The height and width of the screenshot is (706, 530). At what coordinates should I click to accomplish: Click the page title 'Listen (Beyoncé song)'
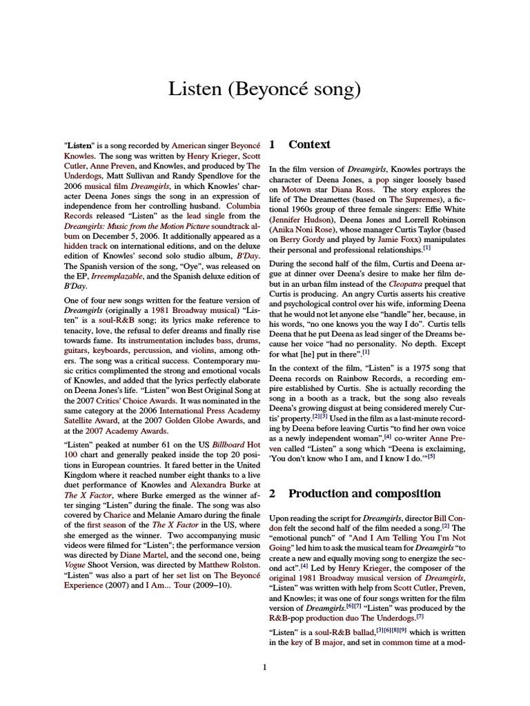pyautogui.click(x=264, y=90)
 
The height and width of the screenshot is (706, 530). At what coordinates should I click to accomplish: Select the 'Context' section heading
pyautogui.click(x=309, y=145)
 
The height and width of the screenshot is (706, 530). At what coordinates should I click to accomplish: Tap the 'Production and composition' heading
pyautogui.click(x=364, y=494)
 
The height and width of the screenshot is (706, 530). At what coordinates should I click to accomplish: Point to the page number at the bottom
pyautogui.click(x=264, y=666)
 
